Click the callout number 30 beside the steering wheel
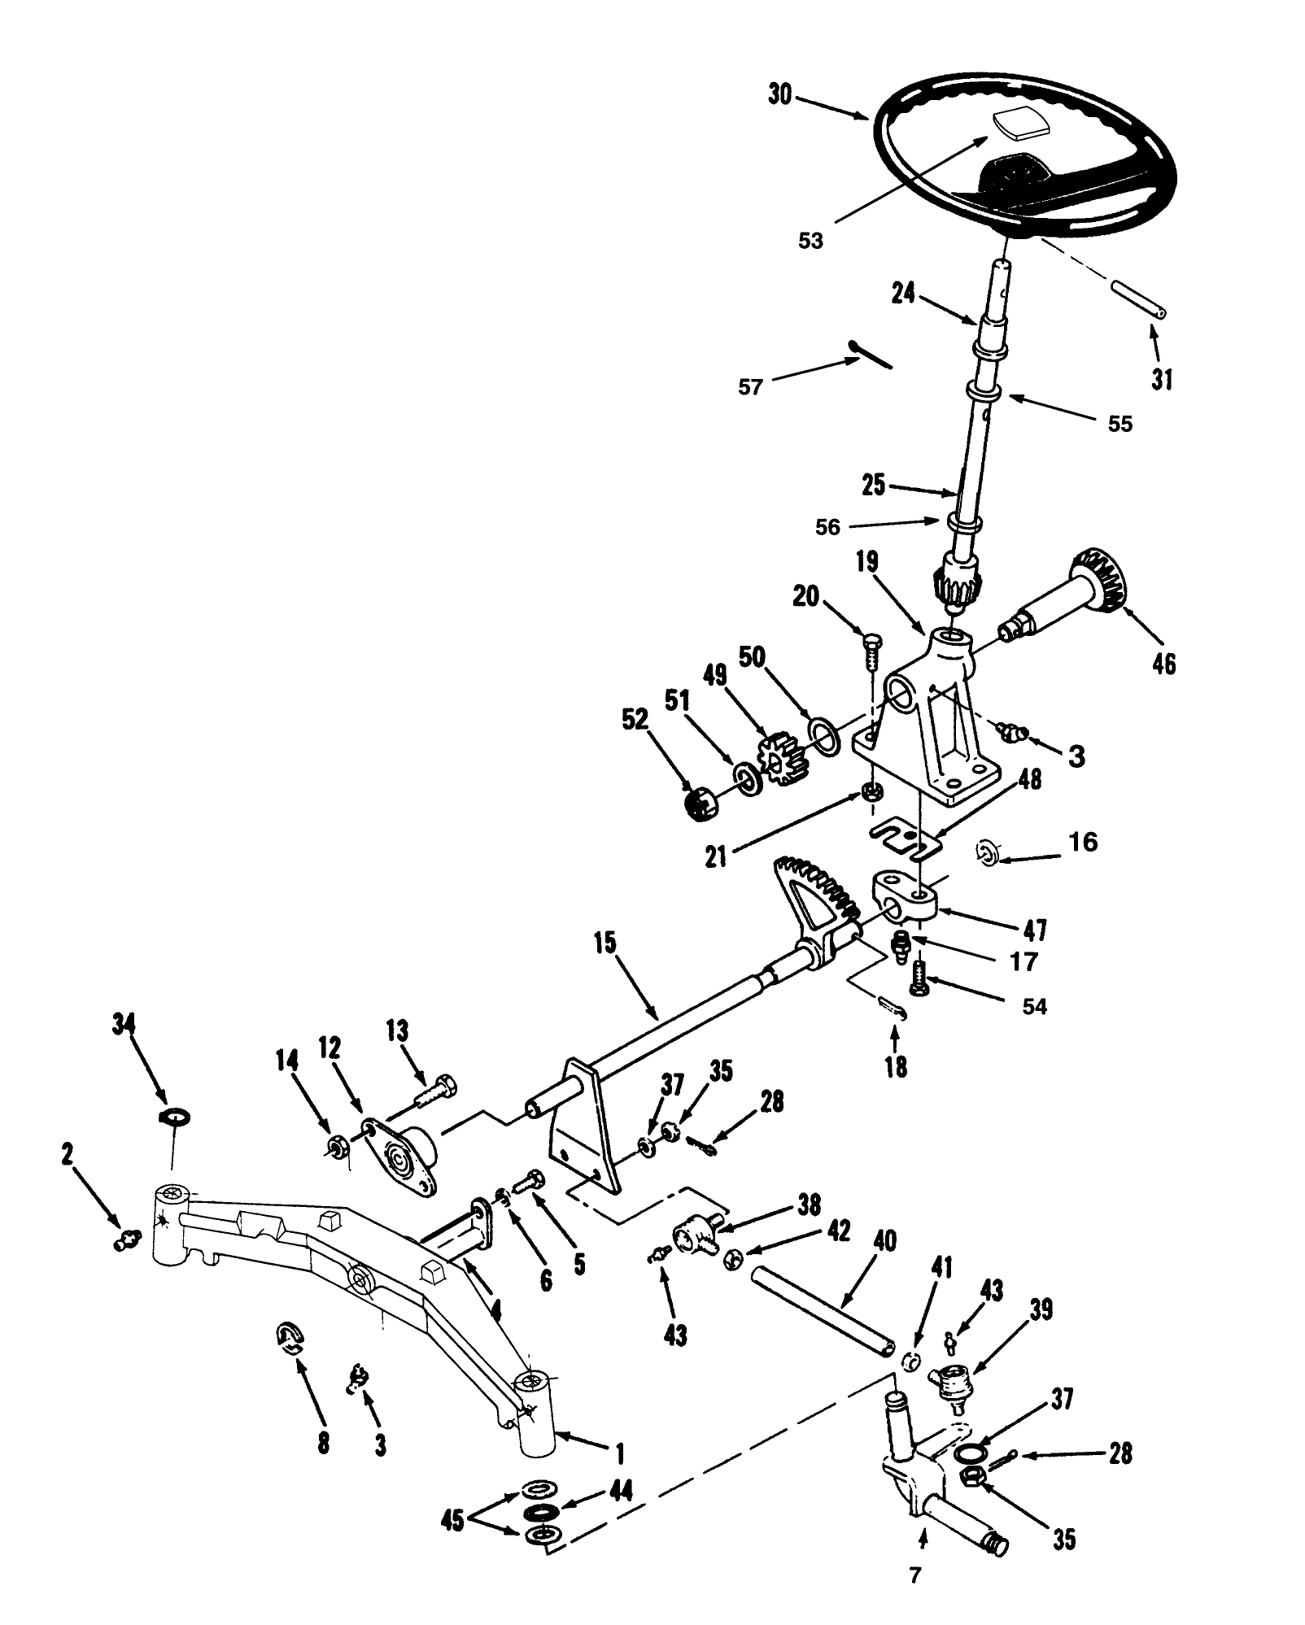coord(779,94)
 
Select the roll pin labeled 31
coord(1137,299)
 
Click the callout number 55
coord(1120,424)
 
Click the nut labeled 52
coord(701,806)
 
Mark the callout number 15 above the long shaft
coord(604,944)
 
